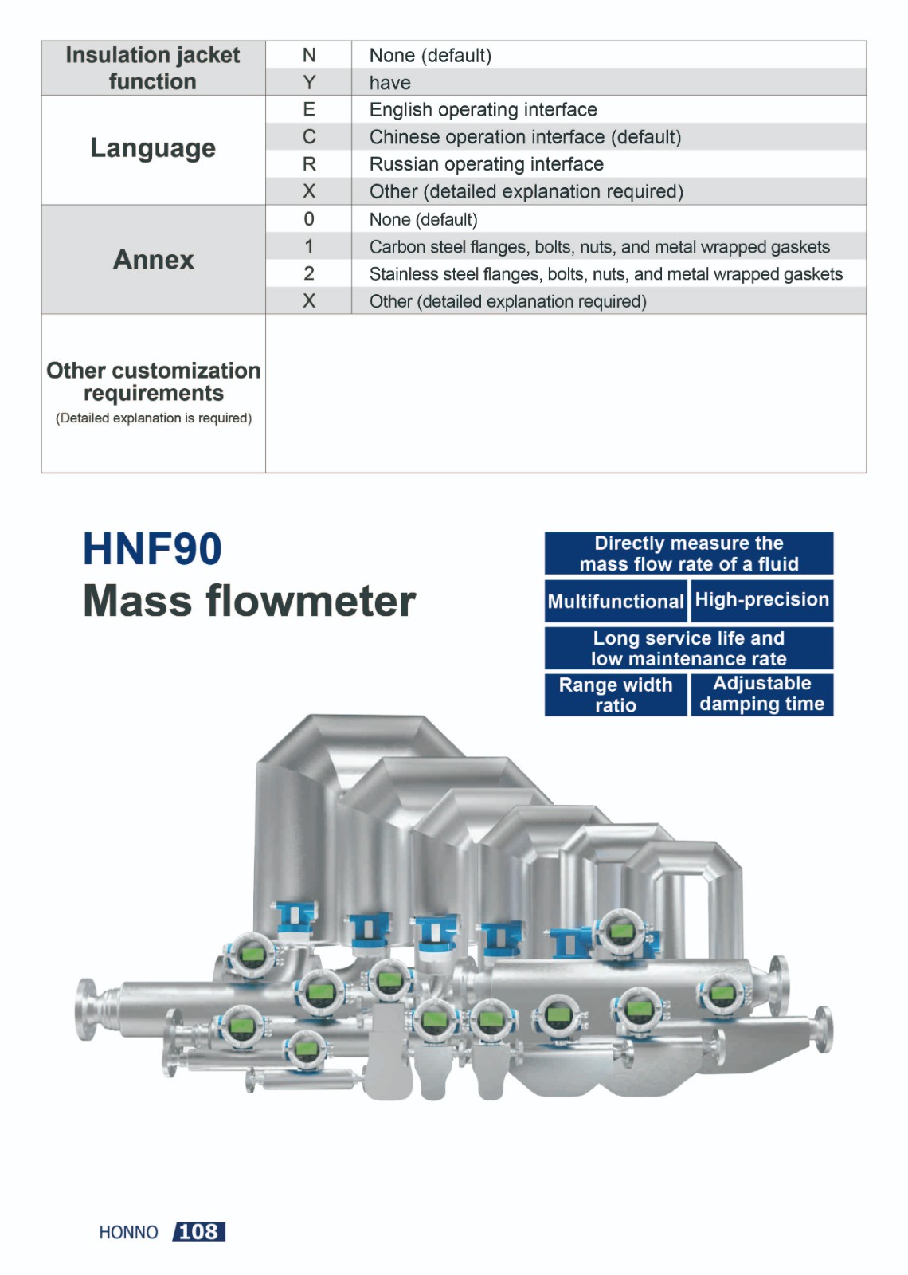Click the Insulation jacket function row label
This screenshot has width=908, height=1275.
tap(152, 68)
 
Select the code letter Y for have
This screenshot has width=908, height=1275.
tap(309, 83)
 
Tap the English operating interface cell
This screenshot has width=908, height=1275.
tap(483, 109)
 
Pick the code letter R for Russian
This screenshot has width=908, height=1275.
tap(309, 164)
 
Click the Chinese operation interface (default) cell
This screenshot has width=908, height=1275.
tap(525, 136)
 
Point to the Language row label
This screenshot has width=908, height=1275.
tap(153, 148)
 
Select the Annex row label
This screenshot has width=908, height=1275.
tap(154, 260)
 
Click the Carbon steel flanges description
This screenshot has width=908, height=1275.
tap(600, 246)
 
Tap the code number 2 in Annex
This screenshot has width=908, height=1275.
tap(309, 273)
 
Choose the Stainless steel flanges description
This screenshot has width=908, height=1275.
tap(606, 274)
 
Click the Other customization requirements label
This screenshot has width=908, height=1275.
tap(154, 382)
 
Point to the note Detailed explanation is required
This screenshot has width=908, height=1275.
tap(154, 418)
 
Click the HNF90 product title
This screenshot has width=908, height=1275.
tap(152, 549)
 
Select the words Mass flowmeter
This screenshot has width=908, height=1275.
tap(250, 601)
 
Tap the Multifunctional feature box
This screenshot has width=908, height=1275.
tap(616, 601)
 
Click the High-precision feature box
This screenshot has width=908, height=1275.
tap(761, 601)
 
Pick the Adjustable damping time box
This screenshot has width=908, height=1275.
tap(761, 694)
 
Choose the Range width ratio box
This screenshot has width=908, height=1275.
tap(616, 694)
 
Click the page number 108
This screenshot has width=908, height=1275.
tap(198, 1231)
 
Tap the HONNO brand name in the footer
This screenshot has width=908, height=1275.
tap(128, 1232)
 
